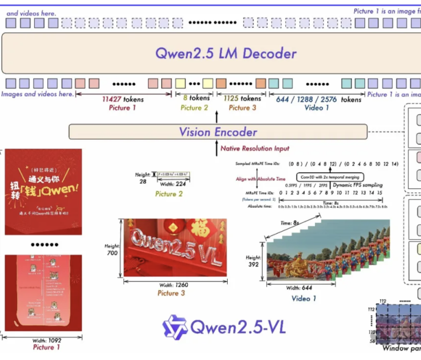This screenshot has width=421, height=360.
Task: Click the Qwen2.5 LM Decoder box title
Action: [x=226, y=53]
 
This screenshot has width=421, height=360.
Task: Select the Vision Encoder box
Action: [x=218, y=132]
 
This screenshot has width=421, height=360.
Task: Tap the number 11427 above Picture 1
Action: [x=112, y=99]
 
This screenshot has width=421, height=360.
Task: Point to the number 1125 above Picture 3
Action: [x=232, y=99]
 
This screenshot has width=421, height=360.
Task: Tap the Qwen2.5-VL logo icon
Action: [x=174, y=327]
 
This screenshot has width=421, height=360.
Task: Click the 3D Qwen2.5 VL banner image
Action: [x=175, y=247]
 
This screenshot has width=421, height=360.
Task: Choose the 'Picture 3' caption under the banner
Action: [x=171, y=293]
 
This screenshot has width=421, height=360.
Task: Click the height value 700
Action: [x=112, y=253]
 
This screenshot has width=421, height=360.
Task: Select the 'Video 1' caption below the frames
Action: [x=303, y=299]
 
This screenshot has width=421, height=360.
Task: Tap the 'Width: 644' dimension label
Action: [x=299, y=288]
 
